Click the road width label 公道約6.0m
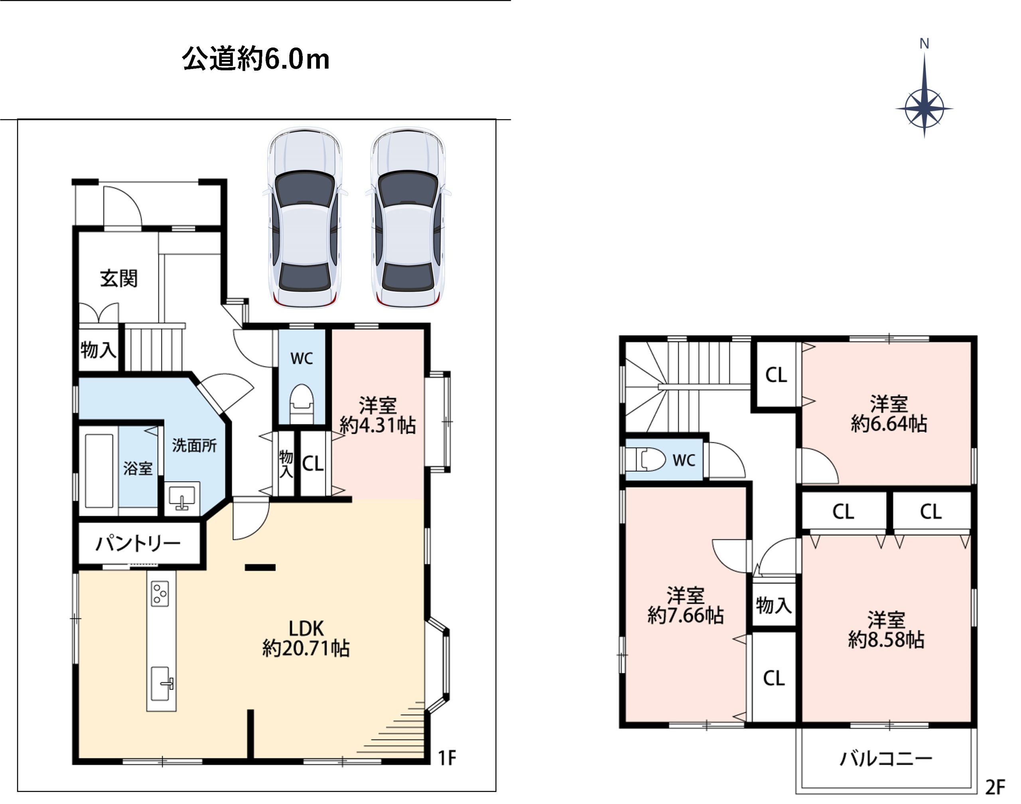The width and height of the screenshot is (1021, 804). tap(256, 59)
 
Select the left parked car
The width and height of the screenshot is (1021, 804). tap(305, 218)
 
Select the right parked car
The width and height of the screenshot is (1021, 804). tap(408, 218)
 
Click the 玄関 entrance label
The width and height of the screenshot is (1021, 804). tap(118, 279)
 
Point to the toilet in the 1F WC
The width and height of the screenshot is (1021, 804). tap(301, 400)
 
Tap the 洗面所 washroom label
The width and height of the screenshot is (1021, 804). tap(194, 445)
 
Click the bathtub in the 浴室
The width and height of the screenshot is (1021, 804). tap(99, 471)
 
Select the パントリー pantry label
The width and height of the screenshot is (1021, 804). tap(138, 544)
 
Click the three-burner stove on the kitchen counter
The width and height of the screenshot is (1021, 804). tap(160, 594)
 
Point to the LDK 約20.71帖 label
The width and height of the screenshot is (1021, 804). tap(306, 638)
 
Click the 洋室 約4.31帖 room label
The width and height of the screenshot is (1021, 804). tap(377, 415)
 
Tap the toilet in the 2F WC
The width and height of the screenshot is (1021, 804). tap(650, 459)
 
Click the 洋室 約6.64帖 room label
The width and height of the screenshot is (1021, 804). tap(888, 414)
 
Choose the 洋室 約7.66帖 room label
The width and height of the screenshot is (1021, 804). tap(685, 606)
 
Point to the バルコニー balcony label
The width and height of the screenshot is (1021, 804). tap(885, 759)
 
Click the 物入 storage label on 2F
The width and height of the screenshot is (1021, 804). tap(773, 605)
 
